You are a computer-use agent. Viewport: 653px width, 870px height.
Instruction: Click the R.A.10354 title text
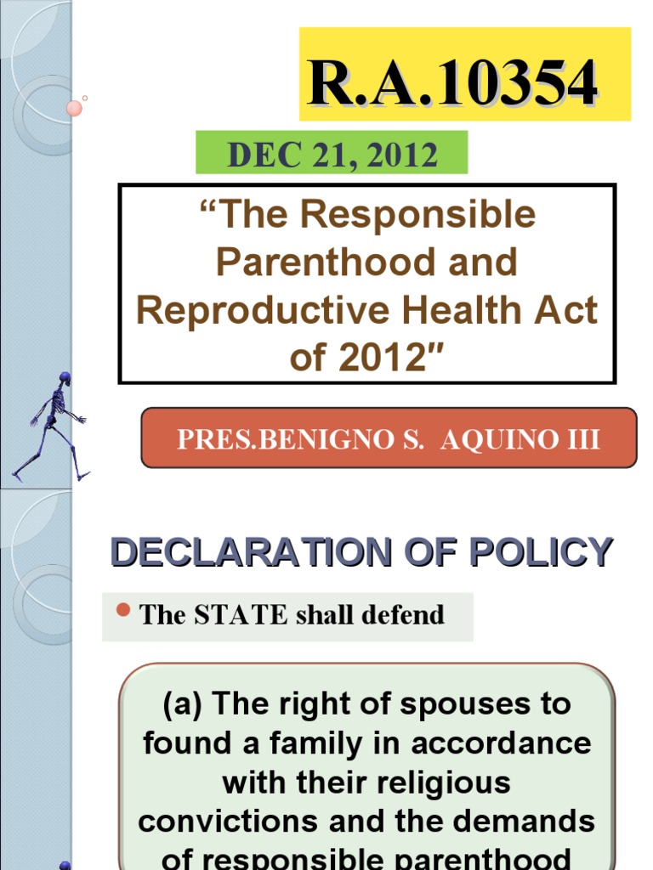[x=453, y=83]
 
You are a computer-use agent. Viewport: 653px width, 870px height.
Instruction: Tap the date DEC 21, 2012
[x=332, y=155]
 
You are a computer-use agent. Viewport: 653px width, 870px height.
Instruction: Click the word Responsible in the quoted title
[x=419, y=216]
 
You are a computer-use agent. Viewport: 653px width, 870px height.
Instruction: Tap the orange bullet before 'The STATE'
[x=122, y=610]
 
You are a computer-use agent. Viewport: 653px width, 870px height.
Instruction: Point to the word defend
[x=400, y=615]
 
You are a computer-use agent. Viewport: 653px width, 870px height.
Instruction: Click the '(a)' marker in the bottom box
[x=183, y=703]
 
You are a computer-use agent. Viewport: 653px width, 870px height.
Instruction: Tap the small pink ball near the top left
[x=74, y=108]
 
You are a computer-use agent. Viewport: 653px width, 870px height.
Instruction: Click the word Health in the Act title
[x=454, y=311]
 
